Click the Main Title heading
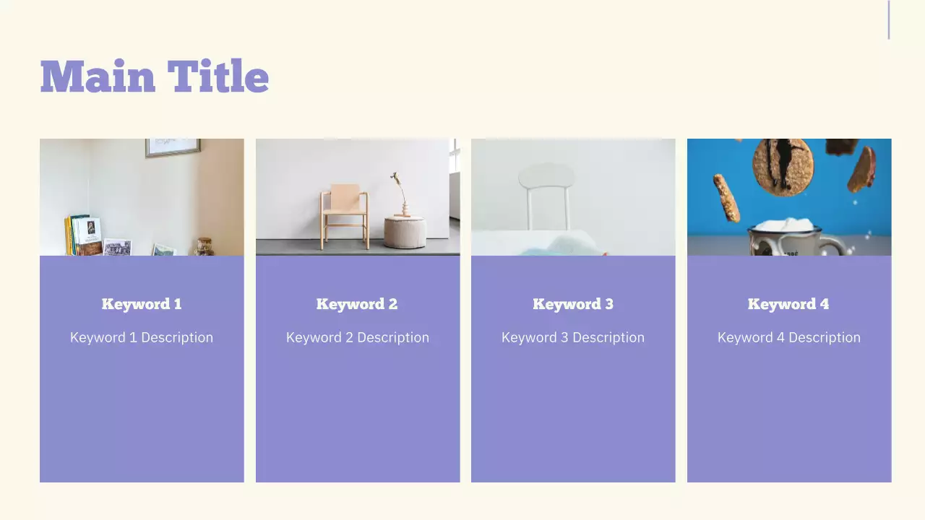click(x=155, y=77)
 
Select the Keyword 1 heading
click(x=142, y=304)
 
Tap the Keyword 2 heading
click(x=357, y=304)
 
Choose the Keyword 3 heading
click(x=573, y=304)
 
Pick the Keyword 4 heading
click(x=788, y=304)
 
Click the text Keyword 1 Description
click(x=142, y=337)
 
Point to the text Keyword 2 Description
click(x=358, y=337)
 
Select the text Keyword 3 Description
click(x=573, y=337)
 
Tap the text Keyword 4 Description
click(x=789, y=337)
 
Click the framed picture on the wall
click(x=172, y=147)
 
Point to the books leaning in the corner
click(x=82, y=235)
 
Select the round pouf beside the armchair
click(x=404, y=231)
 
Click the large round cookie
click(x=783, y=166)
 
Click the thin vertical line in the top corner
click(x=889, y=20)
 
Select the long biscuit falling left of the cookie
click(x=727, y=197)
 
